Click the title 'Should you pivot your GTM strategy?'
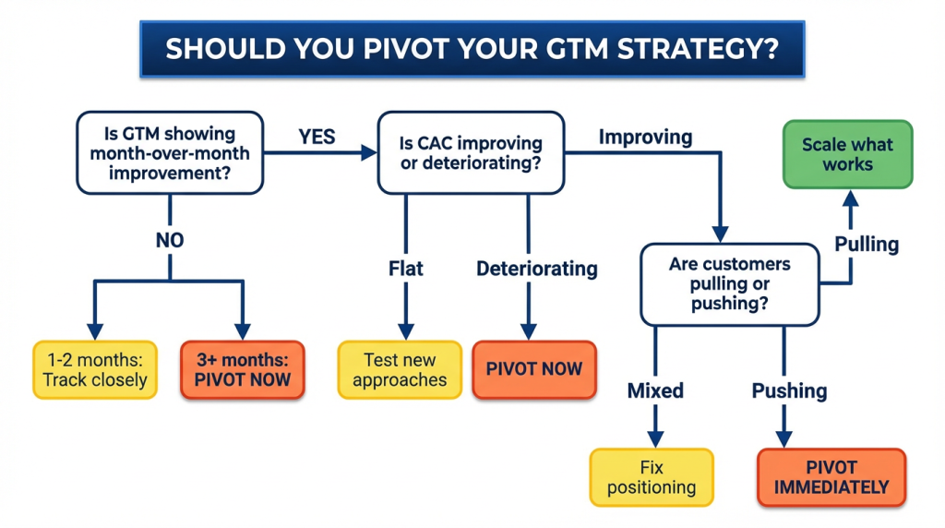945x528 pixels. (472, 49)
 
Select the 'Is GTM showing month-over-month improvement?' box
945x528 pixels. (170, 153)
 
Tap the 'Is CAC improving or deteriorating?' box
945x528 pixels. (470, 153)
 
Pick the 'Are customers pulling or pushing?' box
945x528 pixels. (730, 284)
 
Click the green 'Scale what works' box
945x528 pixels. (848, 154)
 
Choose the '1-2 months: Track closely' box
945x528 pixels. (95, 369)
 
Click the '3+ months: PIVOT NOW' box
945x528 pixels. (243, 369)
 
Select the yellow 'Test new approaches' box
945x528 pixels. (400, 369)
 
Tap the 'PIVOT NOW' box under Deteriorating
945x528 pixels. (534, 369)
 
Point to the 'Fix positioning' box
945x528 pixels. (652, 477)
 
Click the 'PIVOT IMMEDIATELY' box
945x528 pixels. (831, 477)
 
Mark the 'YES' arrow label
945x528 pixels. (317, 137)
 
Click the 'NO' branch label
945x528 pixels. (170, 240)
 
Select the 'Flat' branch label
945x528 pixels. (406, 269)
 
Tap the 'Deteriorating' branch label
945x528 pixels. (536, 269)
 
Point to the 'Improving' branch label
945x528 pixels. (645, 138)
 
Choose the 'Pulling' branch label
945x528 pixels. (867, 245)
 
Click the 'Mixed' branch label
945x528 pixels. (655, 390)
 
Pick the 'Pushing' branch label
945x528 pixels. (789, 390)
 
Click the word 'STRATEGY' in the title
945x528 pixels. (688, 49)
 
